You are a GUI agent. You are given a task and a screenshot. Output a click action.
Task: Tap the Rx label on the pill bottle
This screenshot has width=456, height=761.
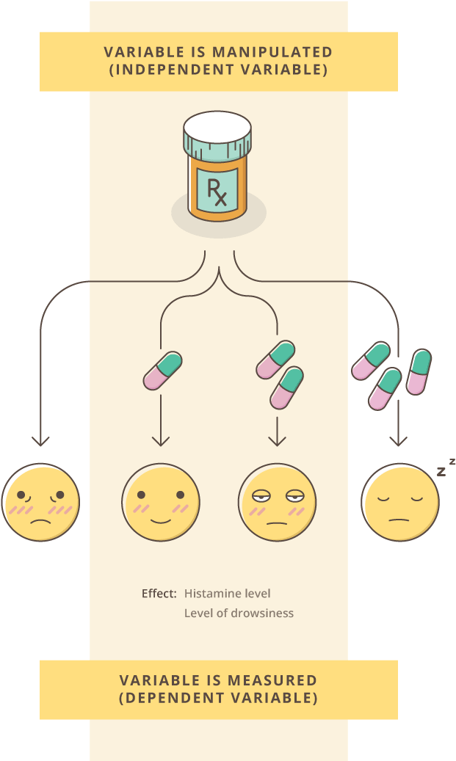point(217,192)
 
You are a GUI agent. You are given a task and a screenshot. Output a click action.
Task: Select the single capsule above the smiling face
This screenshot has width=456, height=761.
point(162,371)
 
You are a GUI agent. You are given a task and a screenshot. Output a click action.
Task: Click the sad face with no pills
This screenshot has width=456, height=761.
point(40,503)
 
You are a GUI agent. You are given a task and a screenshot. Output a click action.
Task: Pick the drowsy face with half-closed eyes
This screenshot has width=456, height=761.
point(278,502)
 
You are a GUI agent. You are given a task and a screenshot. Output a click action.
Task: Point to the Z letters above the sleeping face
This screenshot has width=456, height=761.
point(446,467)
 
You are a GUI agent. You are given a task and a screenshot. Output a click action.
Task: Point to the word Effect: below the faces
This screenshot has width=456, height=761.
point(159,593)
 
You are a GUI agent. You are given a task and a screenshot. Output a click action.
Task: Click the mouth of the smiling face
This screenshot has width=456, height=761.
point(160,520)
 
